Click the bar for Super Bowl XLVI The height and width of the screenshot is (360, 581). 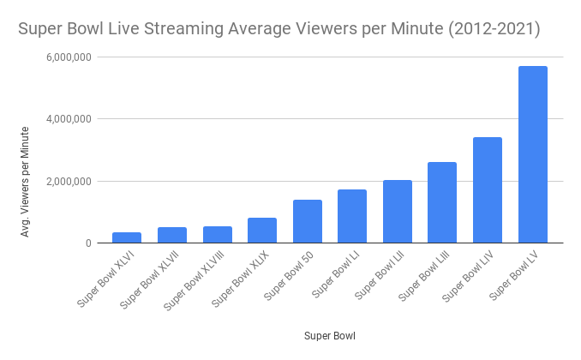pos(127,237)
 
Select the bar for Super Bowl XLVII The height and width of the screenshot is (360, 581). pos(171,235)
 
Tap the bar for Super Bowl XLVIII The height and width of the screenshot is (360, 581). pos(217,234)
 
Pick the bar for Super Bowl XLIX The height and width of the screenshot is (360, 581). pos(262,230)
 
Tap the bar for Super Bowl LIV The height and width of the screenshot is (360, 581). pos(488,189)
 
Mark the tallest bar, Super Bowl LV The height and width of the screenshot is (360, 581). pos(533,154)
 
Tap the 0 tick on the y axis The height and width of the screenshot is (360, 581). pos(89,243)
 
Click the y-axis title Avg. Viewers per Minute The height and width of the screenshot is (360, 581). pos(27,181)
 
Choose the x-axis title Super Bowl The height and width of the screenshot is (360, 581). pos(329,336)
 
